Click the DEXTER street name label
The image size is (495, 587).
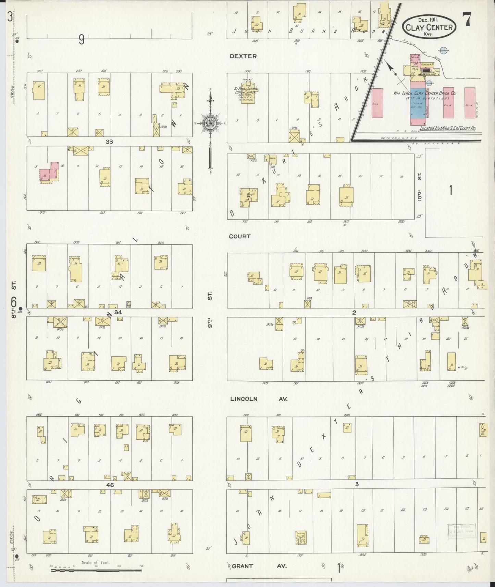243,56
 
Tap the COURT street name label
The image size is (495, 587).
240,236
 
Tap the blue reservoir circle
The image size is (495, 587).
444,51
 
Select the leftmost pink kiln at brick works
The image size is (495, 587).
377,103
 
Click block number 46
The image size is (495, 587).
110,485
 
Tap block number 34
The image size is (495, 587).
118,312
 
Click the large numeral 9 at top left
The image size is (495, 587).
81,40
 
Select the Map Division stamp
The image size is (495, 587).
461,532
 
